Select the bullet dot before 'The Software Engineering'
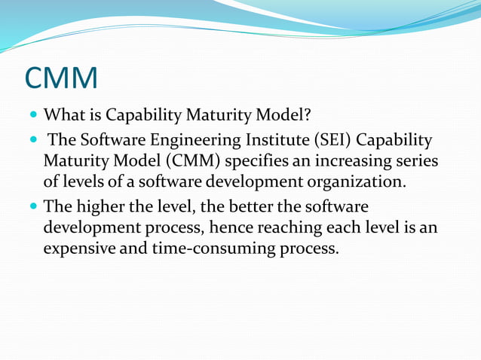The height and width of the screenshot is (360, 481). coord(32,141)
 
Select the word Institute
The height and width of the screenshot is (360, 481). coord(286,141)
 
